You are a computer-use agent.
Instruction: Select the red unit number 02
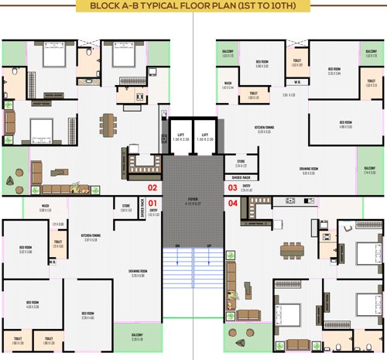point(152,187)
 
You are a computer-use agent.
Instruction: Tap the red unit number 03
point(232,187)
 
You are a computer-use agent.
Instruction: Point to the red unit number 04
point(232,204)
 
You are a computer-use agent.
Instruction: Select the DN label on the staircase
point(177,246)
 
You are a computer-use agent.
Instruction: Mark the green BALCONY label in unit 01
point(137,334)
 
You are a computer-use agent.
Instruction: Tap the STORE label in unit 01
point(125,206)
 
